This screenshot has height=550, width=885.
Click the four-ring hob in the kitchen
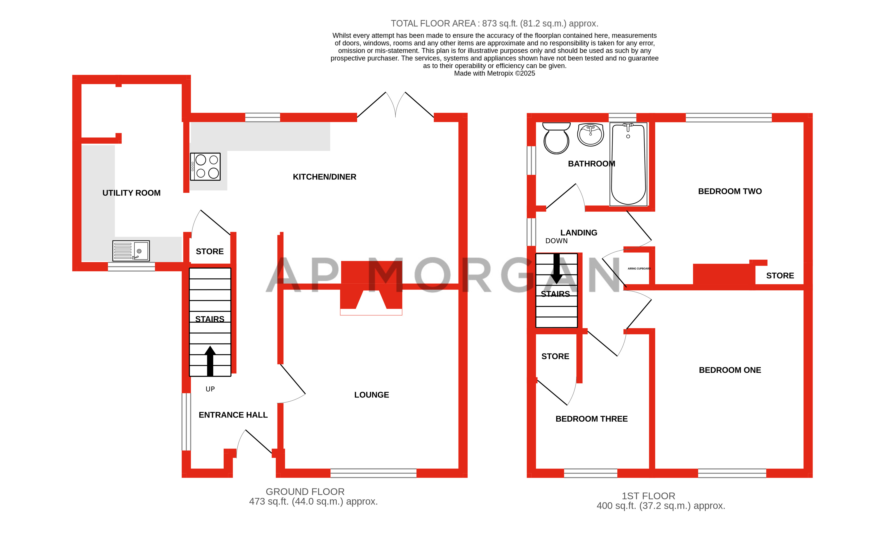tap(205, 167)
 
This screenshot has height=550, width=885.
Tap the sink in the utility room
tap(131, 251)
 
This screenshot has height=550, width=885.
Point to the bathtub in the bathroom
tap(628, 164)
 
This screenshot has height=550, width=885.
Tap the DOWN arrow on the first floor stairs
tap(556, 269)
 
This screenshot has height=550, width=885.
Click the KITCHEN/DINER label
tap(324, 177)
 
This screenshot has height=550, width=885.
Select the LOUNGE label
tap(371, 395)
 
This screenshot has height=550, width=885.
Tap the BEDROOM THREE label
tap(591, 419)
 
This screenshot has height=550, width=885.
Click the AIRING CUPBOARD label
tap(639, 269)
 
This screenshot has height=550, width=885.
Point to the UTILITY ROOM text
tap(131, 193)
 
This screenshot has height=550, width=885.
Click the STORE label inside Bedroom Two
tap(780, 276)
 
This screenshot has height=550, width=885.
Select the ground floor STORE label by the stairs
tap(210, 251)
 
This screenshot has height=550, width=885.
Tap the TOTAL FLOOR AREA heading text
tap(494, 24)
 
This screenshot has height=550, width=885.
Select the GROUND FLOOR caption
tap(305, 492)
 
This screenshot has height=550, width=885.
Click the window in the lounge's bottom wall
tap(373, 473)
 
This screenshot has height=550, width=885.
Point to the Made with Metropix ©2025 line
tap(494, 73)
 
